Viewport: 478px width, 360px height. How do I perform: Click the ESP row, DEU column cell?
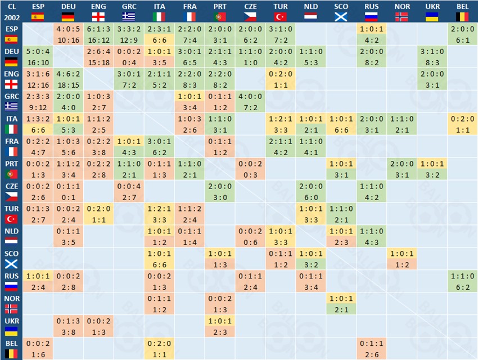pyautogui.click(x=69, y=34)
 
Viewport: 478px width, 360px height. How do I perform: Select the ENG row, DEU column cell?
pyautogui.click(x=69, y=79)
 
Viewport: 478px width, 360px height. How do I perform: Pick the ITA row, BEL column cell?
pyautogui.click(x=462, y=124)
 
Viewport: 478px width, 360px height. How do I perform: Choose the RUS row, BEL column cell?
pyautogui.click(x=462, y=282)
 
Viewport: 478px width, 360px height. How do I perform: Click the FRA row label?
pyautogui.click(x=11, y=147)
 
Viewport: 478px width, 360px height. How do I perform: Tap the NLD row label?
pyautogui.click(x=11, y=237)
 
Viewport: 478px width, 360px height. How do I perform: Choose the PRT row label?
pyautogui.click(x=11, y=169)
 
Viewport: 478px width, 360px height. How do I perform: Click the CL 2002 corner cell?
pyautogui.click(x=11, y=12)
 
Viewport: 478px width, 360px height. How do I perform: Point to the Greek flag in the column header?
pyautogui.click(x=129, y=16)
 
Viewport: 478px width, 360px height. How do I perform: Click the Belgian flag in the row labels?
pyautogui.click(x=11, y=354)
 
